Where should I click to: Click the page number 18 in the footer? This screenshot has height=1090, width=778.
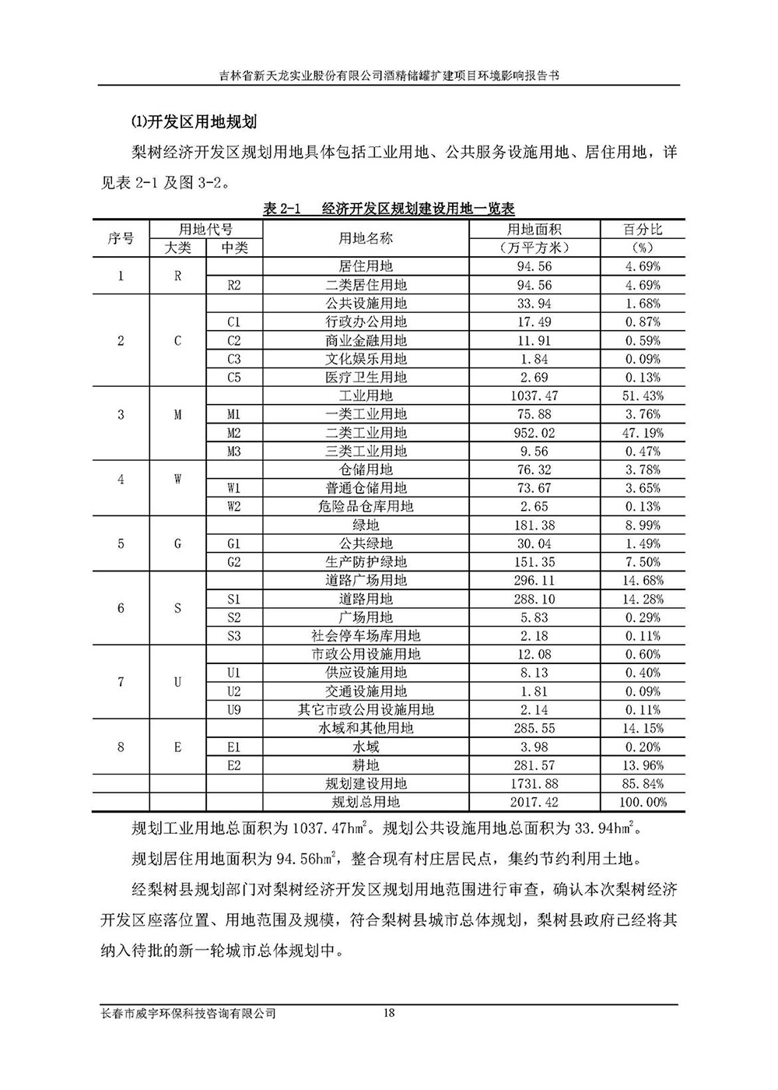coord(390,1013)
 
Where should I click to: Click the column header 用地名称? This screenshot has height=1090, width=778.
coord(366,238)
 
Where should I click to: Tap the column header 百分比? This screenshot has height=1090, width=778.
coord(643,230)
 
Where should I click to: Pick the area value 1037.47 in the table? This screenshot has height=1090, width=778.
coord(534,396)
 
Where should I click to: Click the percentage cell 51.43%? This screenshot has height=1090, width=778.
coord(643,396)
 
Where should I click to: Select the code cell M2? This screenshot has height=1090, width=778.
coord(234,433)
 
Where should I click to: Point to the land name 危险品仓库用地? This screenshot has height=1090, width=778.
coord(366,507)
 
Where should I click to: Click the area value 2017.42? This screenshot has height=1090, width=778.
coord(534,802)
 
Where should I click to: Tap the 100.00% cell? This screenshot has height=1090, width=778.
coord(643,802)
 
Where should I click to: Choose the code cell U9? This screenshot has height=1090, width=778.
coord(234,710)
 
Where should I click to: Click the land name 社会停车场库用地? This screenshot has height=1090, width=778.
coord(366,636)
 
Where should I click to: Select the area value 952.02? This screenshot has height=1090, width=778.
coord(534,433)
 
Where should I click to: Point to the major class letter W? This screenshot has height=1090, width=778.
coord(177,479)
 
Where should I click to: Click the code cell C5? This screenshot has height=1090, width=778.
coord(234,378)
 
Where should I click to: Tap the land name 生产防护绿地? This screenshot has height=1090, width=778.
coord(366,562)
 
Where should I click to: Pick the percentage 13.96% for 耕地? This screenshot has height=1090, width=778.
coord(643,765)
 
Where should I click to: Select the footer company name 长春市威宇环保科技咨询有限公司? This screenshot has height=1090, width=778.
coord(189,1014)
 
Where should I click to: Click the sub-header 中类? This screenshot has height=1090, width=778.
coord(234,248)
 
